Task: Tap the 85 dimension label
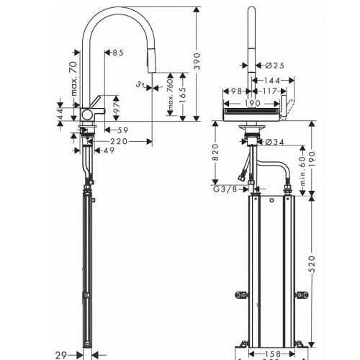pos(117,52)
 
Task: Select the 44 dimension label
pos(62,114)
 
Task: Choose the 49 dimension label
pos(109,151)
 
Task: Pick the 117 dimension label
pos(269,91)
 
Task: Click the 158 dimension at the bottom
pos(271,354)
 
